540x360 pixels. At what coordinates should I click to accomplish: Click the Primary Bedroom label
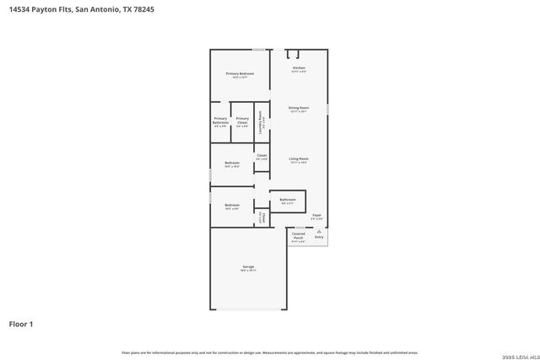240,74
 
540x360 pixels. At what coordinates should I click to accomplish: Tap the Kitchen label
299,67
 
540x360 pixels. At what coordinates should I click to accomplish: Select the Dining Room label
299,108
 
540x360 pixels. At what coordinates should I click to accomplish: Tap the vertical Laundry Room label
261,123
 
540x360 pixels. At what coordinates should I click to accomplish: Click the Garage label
248,267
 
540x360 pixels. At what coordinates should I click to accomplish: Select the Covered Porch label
299,235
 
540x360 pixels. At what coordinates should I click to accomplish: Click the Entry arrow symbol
319,230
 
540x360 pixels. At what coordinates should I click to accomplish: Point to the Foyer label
317,216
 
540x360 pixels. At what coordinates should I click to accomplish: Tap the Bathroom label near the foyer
287,200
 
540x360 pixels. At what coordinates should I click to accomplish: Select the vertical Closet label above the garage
262,218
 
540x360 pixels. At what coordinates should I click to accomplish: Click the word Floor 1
21,323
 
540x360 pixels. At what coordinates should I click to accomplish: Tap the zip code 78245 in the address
143,9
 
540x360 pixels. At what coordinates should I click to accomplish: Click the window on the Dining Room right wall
327,108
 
